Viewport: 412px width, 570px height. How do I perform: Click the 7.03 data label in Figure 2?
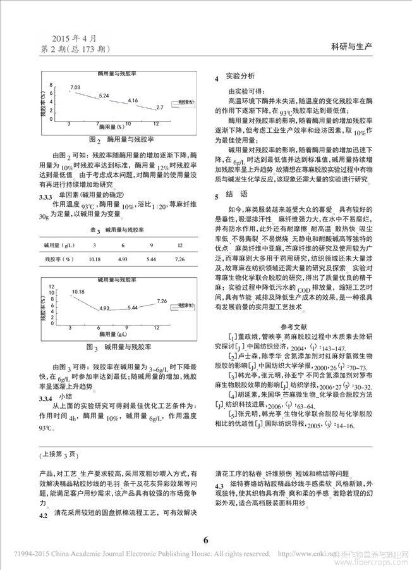[75, 87]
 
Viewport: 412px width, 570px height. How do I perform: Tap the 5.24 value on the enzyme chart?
[104, 95]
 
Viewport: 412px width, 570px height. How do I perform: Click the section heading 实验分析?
[243, 77]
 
